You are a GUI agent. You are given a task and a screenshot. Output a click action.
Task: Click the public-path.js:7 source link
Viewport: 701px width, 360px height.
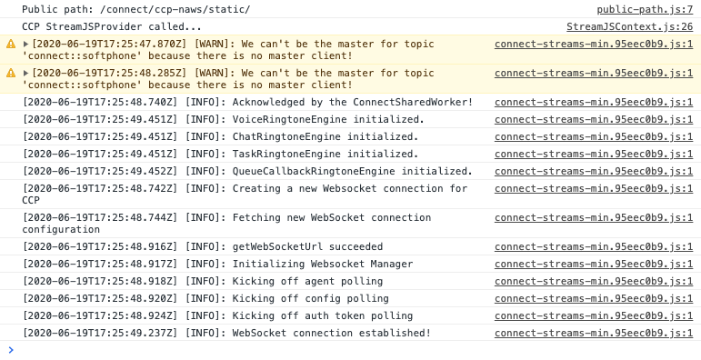click(x=644, y=9)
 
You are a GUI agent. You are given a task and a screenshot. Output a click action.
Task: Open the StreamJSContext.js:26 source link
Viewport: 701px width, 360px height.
click(x=629, y=27)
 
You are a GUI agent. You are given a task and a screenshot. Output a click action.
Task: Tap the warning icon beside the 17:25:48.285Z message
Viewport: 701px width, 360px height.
click(x=11, y=74)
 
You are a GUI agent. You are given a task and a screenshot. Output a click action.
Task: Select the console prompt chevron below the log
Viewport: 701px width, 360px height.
click(x=11, y=350)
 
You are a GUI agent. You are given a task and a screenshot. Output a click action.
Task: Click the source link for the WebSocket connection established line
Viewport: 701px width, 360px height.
click(x=593, y=333)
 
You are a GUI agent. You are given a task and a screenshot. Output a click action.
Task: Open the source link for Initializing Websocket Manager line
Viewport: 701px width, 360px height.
click(x=593, y=264)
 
